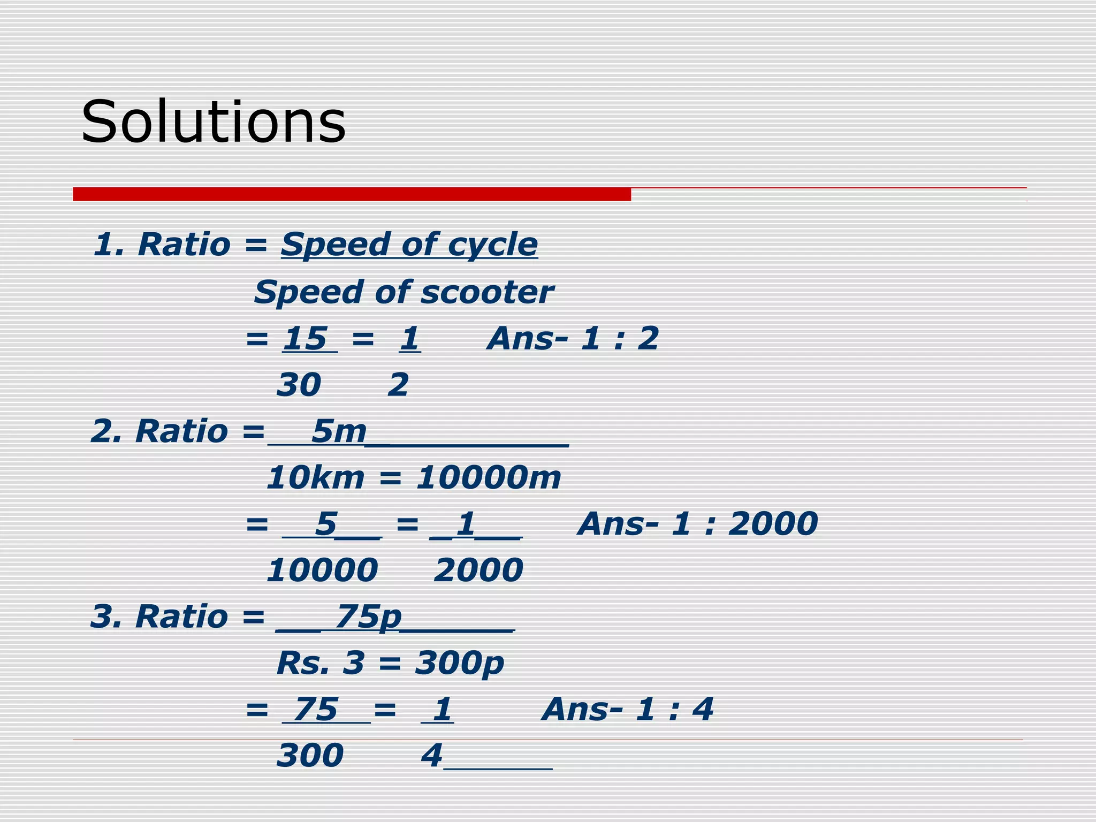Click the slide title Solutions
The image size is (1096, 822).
click(213, 122)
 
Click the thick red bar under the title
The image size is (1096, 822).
click(352, 194)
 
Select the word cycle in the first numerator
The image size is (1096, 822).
click(492, 245)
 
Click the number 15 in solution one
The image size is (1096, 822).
click(305, 339)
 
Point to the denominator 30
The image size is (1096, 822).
click(299, 385)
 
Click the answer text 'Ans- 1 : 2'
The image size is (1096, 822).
click(573, 339)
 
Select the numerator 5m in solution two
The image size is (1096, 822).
click(338, 431)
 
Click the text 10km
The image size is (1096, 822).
click(315, 477)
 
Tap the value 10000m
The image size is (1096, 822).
click(489, 477)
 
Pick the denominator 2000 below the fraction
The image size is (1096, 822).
click(478, 570)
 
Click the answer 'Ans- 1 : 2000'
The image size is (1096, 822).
click(698, 523)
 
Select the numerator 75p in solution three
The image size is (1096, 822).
click(368, 616)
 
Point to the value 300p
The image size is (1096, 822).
click(459, 664)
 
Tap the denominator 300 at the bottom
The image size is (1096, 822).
click(310, 755)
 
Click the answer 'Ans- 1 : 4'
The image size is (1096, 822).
click(627, 709)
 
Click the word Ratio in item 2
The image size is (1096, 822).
click(181, 431)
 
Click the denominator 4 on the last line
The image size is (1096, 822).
click(431, 755)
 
